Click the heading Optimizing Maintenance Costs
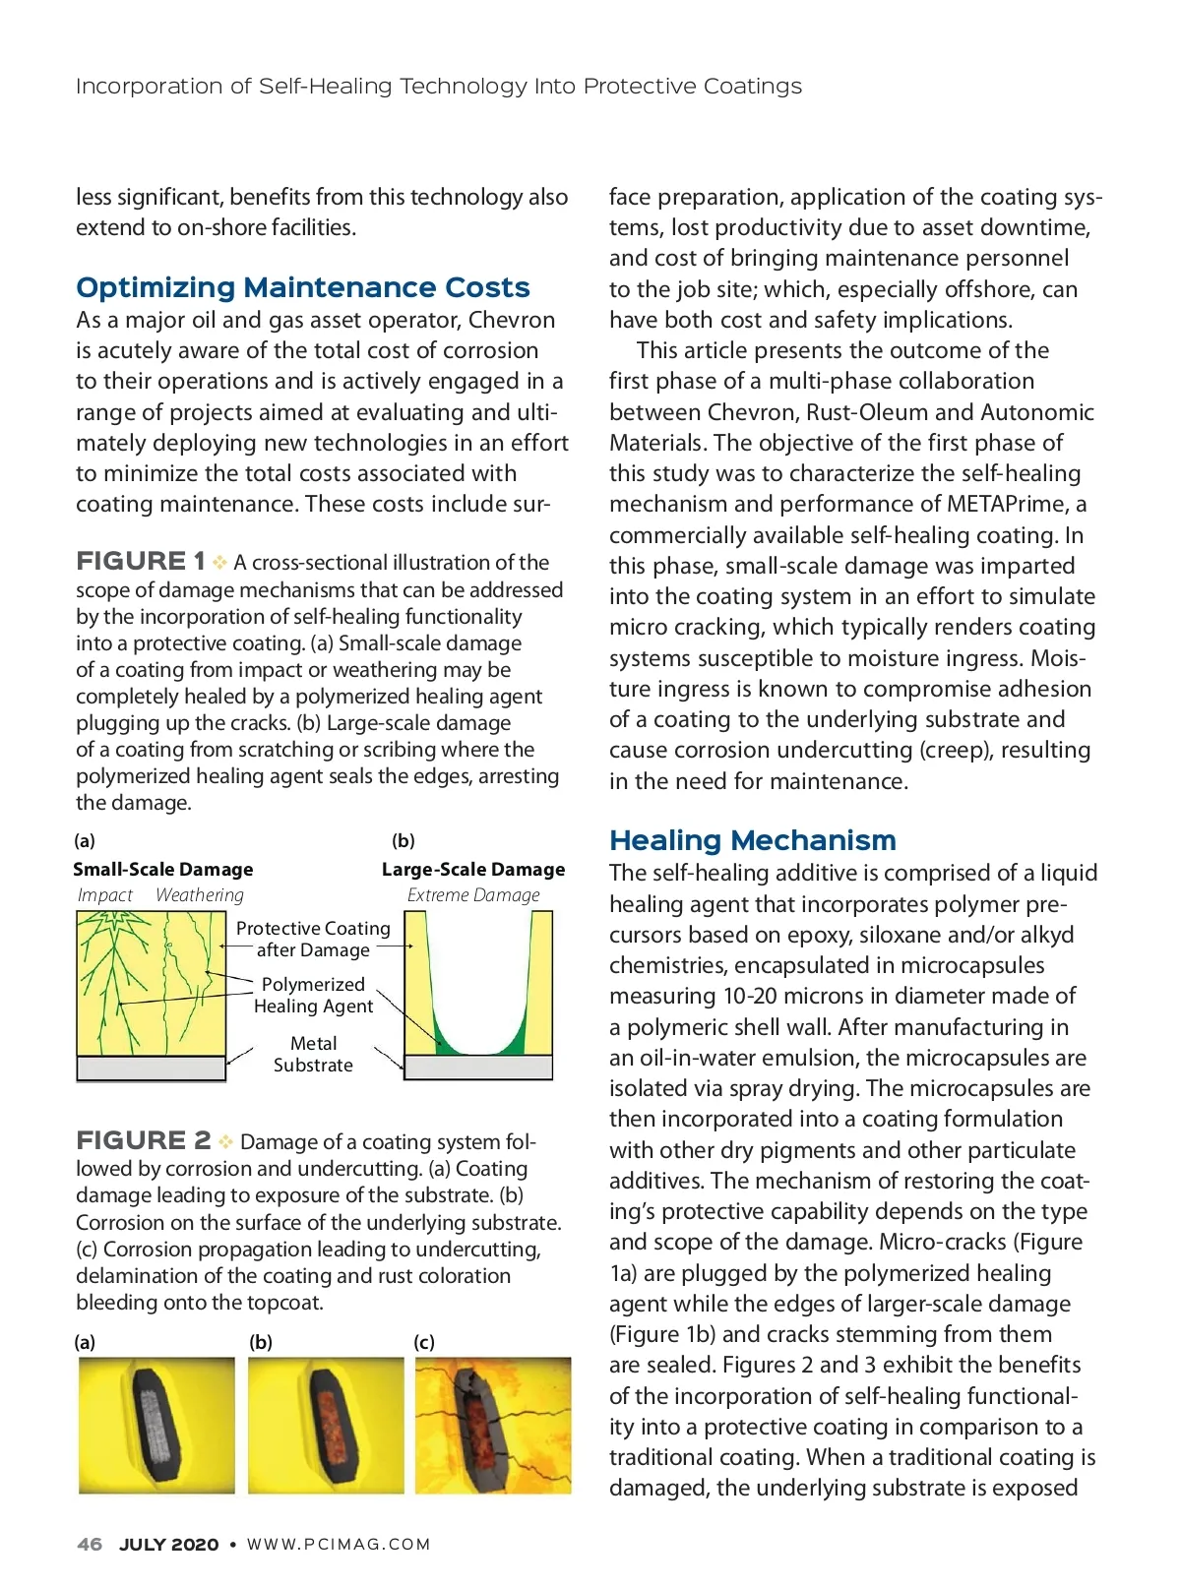(x=302, y=287)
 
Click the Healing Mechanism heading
(x=752, y=840)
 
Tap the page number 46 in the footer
(x=90, y=1544)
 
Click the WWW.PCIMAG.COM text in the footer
(x=339, y=1544)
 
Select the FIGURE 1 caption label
(x=141, y=561)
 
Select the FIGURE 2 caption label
(x=143, y=1140)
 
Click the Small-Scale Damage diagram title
(x=162, y=870)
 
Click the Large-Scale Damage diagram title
(x=473, y=870)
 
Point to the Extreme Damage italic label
(x=473, y=895)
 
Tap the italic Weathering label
(x=199, y=895)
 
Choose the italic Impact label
(x=104, y=895)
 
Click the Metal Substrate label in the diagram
(x=313, y=1054)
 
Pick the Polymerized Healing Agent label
(x=313, y=995)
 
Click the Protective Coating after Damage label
(x=313, y=939)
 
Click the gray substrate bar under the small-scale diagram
(x=151, y=1068)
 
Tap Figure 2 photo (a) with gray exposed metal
(x=156, y=1426)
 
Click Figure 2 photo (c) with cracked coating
(x=493, y=1426)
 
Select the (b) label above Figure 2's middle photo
(x=261, y=1342)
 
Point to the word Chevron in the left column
(x=512, y=320)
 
